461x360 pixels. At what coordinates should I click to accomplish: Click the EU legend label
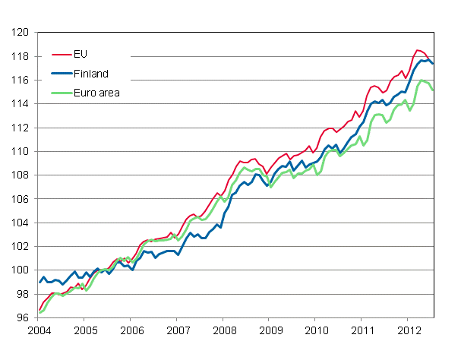[81, 55]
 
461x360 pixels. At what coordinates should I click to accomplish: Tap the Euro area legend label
[96, 93]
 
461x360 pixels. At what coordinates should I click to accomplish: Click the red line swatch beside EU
[60, 55]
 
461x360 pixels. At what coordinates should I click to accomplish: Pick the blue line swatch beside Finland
[60, 74]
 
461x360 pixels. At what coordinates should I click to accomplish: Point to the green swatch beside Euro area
[60, 93]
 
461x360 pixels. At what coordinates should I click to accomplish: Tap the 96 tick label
[23, 318]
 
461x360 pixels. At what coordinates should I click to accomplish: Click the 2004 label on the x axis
[39, 330]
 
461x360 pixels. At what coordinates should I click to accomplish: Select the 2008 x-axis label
[223, 330]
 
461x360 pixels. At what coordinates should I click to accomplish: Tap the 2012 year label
[408, 330]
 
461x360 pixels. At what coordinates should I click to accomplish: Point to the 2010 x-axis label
[316, 330]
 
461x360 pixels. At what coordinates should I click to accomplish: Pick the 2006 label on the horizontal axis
[131, 330]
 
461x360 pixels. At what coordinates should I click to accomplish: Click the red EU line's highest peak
[418, 50]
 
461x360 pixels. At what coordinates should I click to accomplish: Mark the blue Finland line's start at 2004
[39, 283]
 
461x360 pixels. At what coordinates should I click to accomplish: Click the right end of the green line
[434, 90]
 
